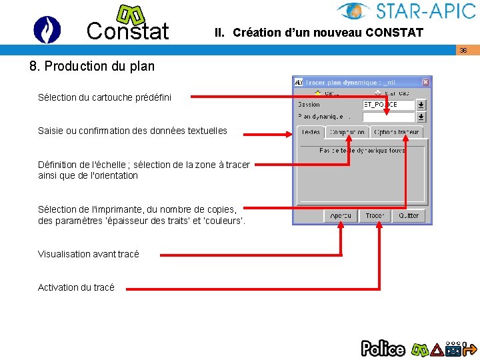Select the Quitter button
409,215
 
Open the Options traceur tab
397,132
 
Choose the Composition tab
347,132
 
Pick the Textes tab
311,132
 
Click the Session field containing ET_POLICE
389,105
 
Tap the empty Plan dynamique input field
389,116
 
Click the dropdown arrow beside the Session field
421,105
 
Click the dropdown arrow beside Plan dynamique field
421,116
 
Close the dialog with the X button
426,81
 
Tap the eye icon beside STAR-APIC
354,11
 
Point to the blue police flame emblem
47,29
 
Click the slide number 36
463,51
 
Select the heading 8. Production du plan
92,66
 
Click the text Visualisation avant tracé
89,254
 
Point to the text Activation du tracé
76,287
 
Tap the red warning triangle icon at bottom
437,348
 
